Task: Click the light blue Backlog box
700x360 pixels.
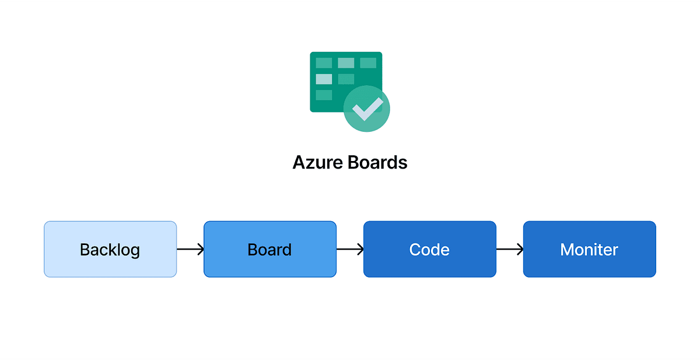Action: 110,249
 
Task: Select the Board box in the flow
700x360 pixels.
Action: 269,249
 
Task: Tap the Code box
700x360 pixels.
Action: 429,249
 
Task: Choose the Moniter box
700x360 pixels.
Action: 589,249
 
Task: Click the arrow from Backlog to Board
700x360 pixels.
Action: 190,249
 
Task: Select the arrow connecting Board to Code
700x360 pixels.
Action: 350,249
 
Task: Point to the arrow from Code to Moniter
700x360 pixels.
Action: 510,249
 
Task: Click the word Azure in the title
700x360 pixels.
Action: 318,162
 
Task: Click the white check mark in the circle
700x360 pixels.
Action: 367,109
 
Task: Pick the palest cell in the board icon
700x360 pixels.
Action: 324,79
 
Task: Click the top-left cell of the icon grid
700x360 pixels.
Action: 324,62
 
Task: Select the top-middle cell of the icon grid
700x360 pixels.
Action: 346,62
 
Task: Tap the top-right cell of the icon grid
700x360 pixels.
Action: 368,62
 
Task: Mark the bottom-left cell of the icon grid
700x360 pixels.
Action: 324,95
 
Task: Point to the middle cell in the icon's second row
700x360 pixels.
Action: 346,79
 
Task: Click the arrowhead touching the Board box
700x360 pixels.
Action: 201,249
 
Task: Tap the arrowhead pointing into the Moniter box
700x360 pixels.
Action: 520,249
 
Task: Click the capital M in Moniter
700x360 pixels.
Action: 567,250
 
